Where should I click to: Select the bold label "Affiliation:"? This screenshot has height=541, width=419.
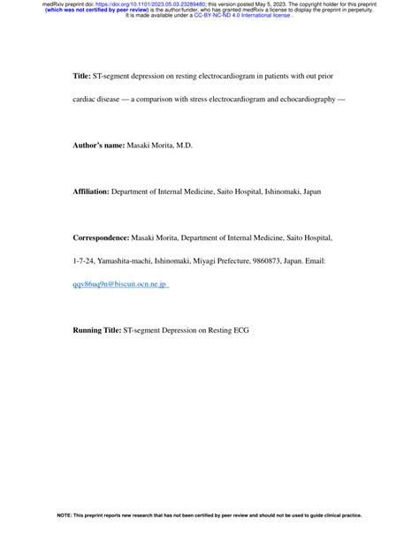tap(91, 191)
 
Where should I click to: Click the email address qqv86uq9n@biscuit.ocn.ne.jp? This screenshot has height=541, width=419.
tap(119, 284)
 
